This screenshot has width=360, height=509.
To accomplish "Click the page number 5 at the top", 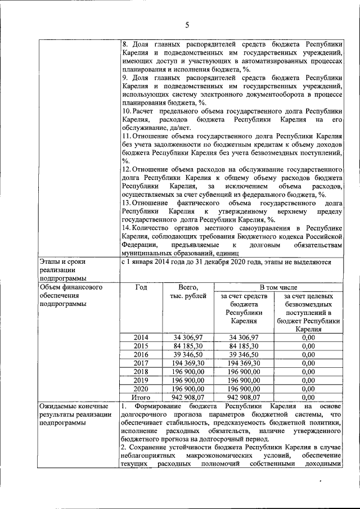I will coord(186,24).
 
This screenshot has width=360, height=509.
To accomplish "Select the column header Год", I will coord(141,287).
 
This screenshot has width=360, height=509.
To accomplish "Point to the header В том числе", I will coord(278,287).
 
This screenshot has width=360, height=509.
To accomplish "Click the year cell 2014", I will coord(141,337).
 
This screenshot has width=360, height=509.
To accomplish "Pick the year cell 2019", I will coord(141,380).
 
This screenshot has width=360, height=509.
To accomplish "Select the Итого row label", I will coord(141,397).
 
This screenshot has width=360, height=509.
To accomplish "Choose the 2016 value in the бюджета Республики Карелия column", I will coord(243,354).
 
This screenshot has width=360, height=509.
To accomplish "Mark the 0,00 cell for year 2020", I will coord(308,388).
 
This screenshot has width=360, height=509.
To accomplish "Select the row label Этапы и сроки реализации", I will coord(62,270).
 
